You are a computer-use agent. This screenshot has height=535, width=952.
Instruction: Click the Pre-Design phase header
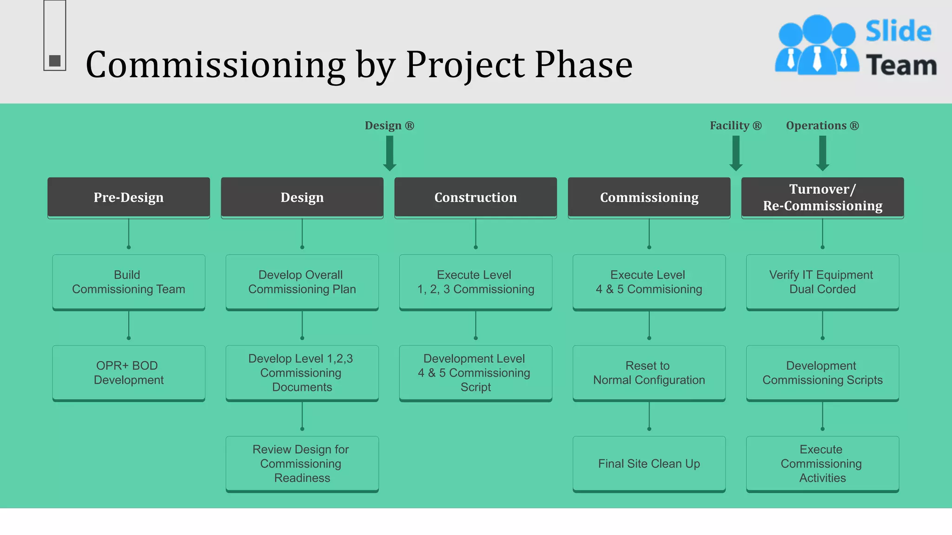129,197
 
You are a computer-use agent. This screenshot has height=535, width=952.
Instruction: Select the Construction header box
476,197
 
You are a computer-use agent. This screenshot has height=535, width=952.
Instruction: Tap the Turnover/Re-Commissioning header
822,197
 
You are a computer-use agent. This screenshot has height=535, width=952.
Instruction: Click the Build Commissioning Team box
129,282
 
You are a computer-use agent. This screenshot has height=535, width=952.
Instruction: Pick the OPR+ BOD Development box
129,373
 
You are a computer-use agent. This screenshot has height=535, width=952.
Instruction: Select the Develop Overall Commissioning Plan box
302,282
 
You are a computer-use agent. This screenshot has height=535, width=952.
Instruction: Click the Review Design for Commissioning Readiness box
302,463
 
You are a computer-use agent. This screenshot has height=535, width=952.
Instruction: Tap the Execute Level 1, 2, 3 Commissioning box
476,282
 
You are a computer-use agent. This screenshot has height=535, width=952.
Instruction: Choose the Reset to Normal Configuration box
649,373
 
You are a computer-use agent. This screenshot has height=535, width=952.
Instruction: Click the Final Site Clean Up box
649,463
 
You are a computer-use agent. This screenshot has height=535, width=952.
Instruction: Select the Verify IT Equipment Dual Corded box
822,282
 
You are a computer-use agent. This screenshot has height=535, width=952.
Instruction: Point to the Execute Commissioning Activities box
822,463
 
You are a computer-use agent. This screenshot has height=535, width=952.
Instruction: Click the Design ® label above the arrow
389,126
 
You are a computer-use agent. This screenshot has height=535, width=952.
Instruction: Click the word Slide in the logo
898,32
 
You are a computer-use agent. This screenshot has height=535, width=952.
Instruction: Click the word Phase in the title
583,65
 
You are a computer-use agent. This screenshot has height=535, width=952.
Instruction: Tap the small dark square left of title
55,61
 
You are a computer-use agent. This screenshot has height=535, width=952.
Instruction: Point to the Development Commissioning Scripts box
822,373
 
